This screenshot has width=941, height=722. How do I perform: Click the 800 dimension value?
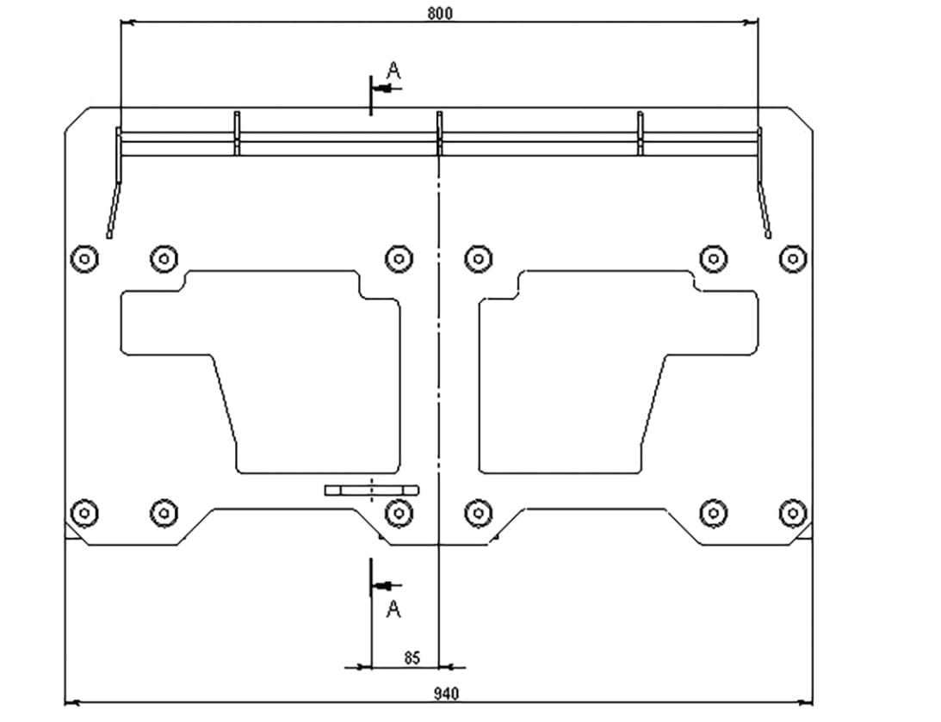click(440, 13)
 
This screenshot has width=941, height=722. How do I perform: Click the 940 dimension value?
click(446, 694)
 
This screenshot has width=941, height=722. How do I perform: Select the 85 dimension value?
click(412, 657)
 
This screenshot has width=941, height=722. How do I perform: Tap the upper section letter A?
click(393, 71)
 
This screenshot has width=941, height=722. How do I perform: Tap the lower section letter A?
click(393, 609)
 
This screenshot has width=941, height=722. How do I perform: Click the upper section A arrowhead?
click(383, 89)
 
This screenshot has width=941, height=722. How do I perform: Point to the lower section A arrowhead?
click(383, 585)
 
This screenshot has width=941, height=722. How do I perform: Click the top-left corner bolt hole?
click(84, 259)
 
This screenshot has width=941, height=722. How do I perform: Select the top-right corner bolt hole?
click(793, 259)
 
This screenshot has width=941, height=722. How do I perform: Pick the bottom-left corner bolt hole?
click(84, 513)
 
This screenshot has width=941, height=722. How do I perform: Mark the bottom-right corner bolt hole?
click(793, 513)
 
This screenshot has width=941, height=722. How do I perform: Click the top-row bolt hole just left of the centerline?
click(399, 259)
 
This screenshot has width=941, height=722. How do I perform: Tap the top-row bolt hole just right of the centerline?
click(479, 259)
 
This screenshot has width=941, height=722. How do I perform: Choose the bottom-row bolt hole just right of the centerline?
click(479, 513)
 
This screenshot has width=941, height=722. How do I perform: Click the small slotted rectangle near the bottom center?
click(372, 491)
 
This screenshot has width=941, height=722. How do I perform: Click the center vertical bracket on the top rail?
click(440, 133)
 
